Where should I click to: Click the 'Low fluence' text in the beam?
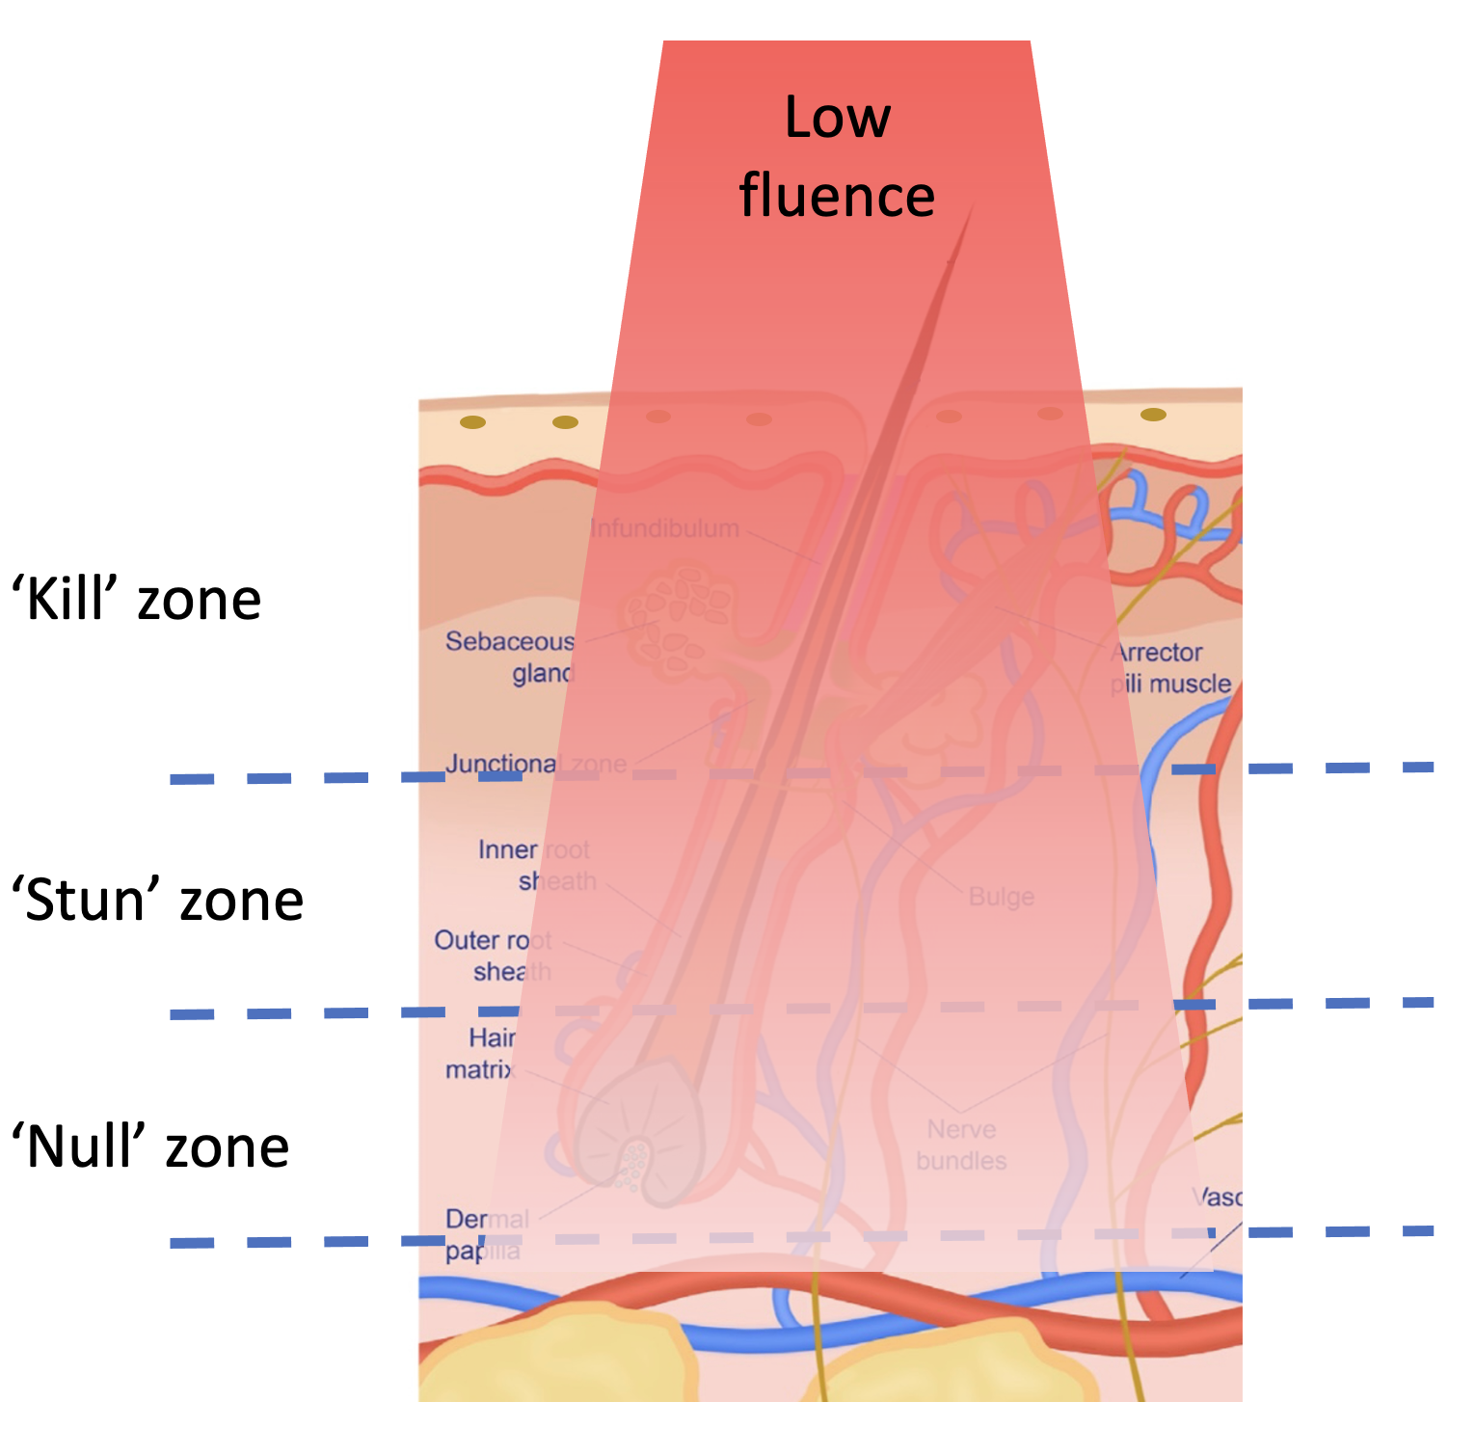click(x=837, y=156)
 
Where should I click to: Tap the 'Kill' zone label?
click(x=136, y=600)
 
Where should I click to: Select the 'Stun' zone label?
click(x=157, y=901)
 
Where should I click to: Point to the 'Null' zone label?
click(x=150, y=1147)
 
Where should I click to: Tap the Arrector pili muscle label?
click(x=1170, y=668)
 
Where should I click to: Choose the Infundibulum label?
click(x=664, y=528)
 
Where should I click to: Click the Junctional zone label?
click(x=536, y=765)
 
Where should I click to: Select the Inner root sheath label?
click(x=536, y=865)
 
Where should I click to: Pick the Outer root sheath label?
click(x=494, y=955)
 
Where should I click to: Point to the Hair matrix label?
click(x=481, y=1053)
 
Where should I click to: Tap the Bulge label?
click(x=1001, y=897)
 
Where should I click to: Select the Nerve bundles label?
click(x=961, y=1145)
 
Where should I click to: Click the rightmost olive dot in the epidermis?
click(x=1153, y=415)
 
